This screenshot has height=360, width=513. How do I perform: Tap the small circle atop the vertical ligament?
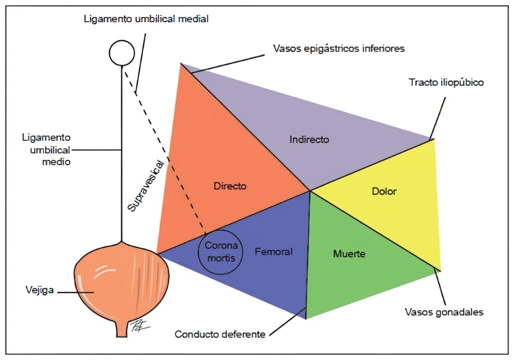pos(121,53)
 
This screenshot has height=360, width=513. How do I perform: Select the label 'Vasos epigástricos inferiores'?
pos(338,49)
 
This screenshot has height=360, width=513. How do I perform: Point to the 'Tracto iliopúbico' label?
pos(446,83)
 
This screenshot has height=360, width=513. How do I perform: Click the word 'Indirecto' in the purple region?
pos(309,140)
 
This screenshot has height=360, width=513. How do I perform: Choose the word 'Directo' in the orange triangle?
pos(230,186)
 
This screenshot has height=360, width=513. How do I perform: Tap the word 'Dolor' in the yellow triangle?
pos(384,191)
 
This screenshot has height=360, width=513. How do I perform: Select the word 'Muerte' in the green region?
pos(349,254)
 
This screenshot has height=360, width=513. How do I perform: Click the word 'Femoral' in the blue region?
pos(273,251)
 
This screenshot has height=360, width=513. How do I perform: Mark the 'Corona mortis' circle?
pos(220,250)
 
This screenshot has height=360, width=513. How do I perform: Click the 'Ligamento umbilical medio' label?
pos(47,149)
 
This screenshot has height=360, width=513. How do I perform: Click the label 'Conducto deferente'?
pos(220,334)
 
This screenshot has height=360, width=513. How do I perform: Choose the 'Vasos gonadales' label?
pos(444,312)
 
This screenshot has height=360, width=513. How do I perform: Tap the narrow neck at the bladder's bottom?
pos(122,328)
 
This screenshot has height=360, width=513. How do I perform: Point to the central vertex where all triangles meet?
pos(310,191)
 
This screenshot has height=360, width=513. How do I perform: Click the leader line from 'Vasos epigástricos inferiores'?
pos(228,64)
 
